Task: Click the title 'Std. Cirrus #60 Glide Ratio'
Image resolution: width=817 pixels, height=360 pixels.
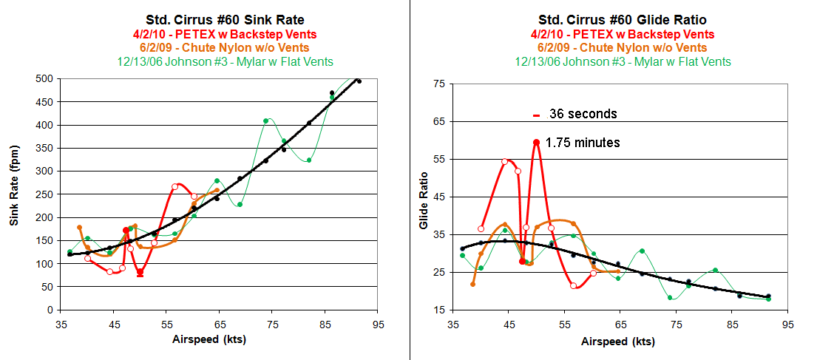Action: point(623,20)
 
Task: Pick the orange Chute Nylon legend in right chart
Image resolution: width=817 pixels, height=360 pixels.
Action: point(623,48)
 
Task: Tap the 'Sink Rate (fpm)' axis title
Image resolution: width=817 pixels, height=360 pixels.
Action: point(14,194)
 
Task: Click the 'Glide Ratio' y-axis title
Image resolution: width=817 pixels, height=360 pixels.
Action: point(424,200)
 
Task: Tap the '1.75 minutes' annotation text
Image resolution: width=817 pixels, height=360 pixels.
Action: point(583,142)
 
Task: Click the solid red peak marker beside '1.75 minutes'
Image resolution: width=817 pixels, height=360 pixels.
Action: point(536,142)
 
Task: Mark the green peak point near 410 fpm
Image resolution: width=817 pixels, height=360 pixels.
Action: point(265,121)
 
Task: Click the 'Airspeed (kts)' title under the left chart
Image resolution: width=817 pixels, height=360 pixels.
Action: point(209,340)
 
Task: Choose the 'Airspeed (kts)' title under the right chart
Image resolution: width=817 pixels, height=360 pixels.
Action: point(618,342)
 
